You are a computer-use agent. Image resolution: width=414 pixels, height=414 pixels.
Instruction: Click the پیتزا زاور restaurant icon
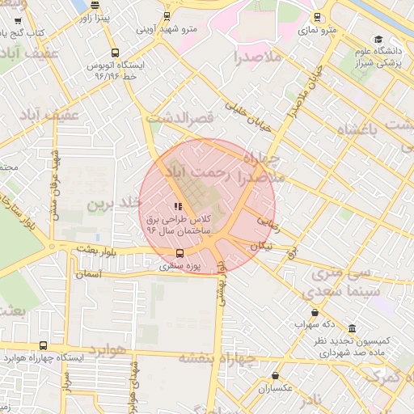[95, 5]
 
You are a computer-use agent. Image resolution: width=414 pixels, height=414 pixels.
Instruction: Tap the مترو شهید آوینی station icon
[167, 16]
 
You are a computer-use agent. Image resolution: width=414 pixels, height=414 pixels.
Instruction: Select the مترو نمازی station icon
[316, 16]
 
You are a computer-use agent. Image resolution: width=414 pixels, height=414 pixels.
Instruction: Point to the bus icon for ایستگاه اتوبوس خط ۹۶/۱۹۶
[115, 53]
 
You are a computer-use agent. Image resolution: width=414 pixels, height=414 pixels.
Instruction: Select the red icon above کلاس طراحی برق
[178, 207]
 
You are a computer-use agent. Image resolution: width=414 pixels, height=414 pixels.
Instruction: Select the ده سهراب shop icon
[314, 313]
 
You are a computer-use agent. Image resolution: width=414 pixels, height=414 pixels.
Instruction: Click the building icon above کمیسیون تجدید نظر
[353, 329]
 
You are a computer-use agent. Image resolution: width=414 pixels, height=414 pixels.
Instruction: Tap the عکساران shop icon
[276, 376]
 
